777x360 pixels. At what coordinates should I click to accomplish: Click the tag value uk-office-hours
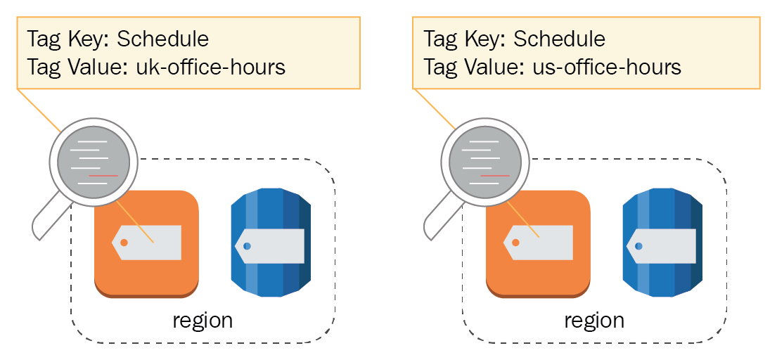pyautogui.click(x=211, y=67)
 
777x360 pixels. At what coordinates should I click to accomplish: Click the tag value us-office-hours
pyautogui.click(x=607, y=67)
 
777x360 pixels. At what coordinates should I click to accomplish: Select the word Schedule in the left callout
pyautogui.click(x=162, y=39)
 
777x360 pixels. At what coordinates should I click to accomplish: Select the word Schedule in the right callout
pyautogui.click(x=559, y=39)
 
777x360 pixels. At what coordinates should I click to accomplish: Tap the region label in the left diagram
pyautogui.click(x=203, y=321)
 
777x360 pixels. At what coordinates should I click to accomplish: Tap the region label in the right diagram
pyautogui.click(x=594, y=321)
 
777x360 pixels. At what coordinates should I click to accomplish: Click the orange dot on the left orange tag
pyautogui.click(x=124, y=243)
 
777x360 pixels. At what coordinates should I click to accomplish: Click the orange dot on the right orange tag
pyautogui.click(x=515, y=243)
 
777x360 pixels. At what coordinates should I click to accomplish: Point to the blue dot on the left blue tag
pyautogui.click(x=247, y=245)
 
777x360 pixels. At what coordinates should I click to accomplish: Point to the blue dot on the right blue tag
pyautogui.click(x=638, y=245)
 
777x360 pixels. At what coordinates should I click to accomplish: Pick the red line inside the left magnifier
pyautogui.click(x=103, y=176)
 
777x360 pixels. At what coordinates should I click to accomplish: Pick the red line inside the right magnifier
pyautogui.click(x=495, y=176)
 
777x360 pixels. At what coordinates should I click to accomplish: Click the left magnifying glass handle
pyautogui.click(x=51, y=219)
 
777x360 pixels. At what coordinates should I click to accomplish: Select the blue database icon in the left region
pyautogui.click(x=271, y=243)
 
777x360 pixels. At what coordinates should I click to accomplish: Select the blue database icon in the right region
pyautogui.click(x=662, y=243)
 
